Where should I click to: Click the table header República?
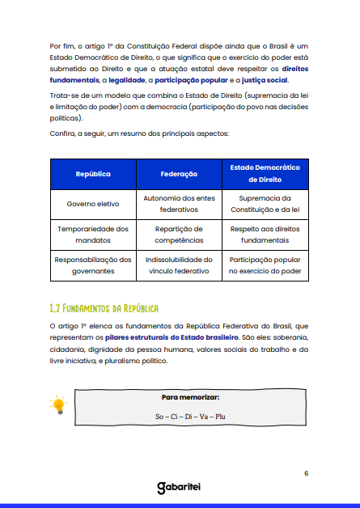(x=93, y=174)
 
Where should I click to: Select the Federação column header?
(x=179, y=174)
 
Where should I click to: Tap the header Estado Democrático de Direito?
(x=265, y=174)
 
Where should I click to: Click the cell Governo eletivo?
(x=93, y=204)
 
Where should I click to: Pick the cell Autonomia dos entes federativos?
(x=179, y=204)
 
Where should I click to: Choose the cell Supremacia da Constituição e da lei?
(x=265, y=204)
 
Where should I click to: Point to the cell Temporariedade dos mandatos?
(x=93, y=235)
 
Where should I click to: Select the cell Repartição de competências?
(x=179, y=235)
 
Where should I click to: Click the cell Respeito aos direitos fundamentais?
(x=265, y=235)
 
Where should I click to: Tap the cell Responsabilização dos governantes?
(x=93, y=265)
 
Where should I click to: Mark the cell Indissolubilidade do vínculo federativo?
(x=179, y=265)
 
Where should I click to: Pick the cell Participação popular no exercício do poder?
(x=265, y=265)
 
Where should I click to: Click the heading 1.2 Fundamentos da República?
(x=104, y=308)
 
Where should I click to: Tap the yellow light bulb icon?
(x=57, y=405)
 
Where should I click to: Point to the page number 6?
(x=306, y=473)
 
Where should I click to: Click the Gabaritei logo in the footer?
(x=179, y=488)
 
